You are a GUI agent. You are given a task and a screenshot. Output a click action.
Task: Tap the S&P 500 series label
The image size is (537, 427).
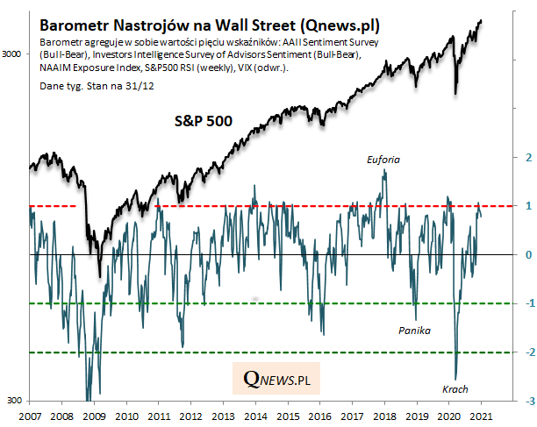[x=202, y=122]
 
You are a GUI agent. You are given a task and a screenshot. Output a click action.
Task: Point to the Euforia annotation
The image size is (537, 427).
[x=383, y=160]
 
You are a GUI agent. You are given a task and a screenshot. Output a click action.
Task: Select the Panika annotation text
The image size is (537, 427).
[x=414, y=331]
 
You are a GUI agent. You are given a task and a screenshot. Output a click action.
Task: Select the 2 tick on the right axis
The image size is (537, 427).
[x=528, y=157]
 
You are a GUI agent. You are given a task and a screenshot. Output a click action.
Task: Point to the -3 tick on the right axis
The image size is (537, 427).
[x=526, y=402]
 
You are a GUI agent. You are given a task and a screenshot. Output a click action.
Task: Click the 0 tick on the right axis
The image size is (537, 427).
[x=528, y=255]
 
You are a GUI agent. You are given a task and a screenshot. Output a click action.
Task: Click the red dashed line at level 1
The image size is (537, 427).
[x=263, y=206]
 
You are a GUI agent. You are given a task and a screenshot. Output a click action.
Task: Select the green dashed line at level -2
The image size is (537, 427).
[x=263, y=352]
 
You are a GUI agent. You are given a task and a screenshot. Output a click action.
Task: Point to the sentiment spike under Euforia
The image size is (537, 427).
[x=384, y=173]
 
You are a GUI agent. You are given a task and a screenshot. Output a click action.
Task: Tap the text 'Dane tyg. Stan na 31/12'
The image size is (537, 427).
[x=89, y=87]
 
